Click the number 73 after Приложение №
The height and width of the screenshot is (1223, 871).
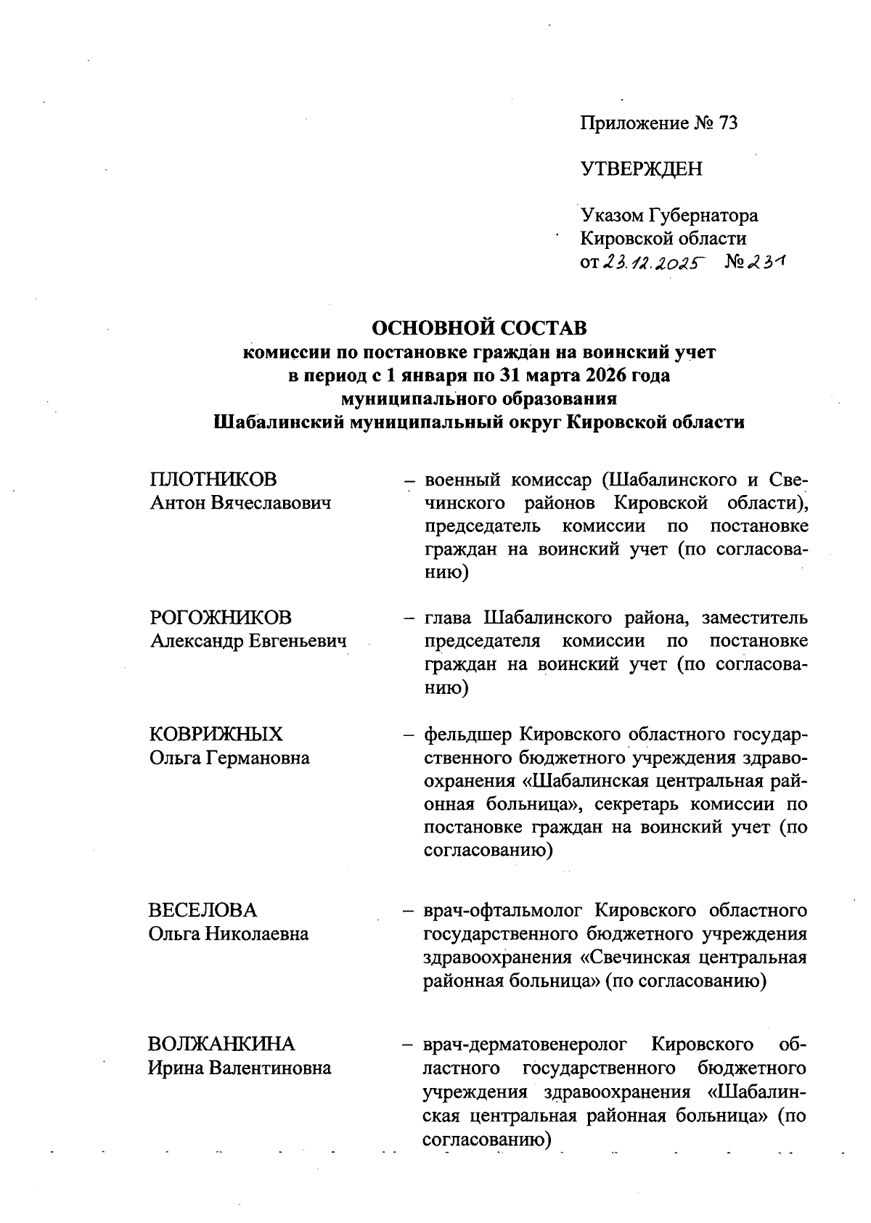coord(727,123)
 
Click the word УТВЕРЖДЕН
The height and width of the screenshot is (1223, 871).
coord(641,169)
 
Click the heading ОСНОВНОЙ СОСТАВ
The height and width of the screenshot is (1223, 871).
coord(479,328)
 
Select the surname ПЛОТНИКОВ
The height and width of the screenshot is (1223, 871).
coord(213,480)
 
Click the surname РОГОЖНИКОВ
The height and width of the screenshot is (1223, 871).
coord(221,618)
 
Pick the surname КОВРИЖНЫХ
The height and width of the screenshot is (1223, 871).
coord(216,735)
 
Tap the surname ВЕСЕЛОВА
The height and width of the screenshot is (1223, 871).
coord(203,910)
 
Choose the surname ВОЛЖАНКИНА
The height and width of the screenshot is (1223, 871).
coord(221,1044)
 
